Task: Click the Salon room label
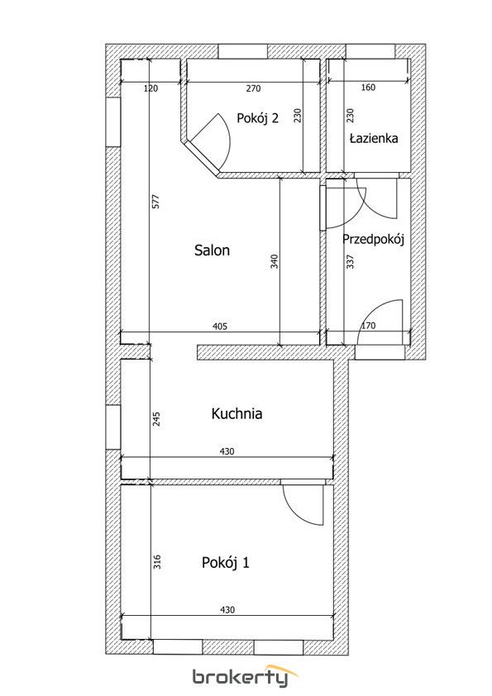[x=212, y=250]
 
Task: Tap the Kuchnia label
[x=236, y=413]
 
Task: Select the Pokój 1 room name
[x=226, y=563]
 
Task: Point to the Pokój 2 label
[x=257, y=118]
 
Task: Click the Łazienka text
[x=374, y=138]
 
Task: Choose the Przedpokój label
[x=373, y=240]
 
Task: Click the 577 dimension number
[x=155, y=201]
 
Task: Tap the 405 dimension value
[x=220, y=327]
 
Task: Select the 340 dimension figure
[x=274, y=261]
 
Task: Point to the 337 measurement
[x=350, y=261]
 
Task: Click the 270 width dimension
[x=253, y=88]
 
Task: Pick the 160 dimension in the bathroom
[x=368, y=88]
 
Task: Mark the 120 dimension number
[x=151, y=88]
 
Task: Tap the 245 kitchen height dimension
[x=156, y=419]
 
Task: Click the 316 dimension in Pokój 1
[x=156, y=562]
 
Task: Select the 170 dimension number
[x=368, y=326]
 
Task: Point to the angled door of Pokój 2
[x=200, y=156]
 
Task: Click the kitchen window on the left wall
[x=113, y=427]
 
